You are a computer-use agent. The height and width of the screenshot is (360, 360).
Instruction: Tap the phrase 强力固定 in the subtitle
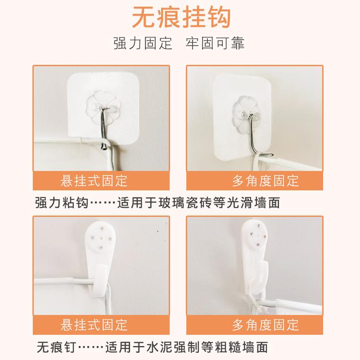(143, 44)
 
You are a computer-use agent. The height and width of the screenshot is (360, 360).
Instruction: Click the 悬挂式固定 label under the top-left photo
(94, 181)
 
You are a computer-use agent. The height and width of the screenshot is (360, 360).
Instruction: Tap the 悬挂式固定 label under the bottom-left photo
(94, 324)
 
